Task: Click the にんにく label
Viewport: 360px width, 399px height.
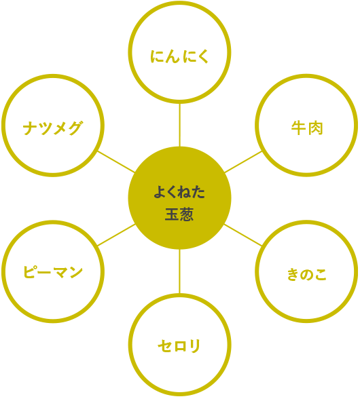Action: [179, 56]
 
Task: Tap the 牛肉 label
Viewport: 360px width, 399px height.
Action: [307, 128]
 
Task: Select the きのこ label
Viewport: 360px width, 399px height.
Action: [307, 274]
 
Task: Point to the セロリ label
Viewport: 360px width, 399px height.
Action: [179, 346]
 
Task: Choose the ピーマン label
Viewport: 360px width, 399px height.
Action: [53, 271]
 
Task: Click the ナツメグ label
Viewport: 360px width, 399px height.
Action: [53, 128]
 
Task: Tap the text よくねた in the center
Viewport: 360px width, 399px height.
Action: [179, 192]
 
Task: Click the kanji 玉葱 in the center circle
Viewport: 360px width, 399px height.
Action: [179, 214]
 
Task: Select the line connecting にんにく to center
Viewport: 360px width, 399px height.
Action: [179, 125]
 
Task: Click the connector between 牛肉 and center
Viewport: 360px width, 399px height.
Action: [243, 161]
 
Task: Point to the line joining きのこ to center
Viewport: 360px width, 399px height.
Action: [243, 235]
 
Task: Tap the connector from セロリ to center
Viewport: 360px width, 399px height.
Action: [179, 271]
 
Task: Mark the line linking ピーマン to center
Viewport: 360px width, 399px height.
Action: [116, 235]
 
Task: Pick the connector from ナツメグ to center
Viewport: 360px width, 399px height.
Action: [116, 161]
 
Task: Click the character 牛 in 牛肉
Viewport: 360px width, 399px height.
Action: [298, 128]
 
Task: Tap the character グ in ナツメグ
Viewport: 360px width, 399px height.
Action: [75, 128]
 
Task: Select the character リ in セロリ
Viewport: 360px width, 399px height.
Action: [196, 346]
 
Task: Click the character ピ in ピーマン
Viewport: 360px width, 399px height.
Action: [30, 271]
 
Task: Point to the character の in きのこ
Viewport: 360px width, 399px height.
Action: [307, 275]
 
